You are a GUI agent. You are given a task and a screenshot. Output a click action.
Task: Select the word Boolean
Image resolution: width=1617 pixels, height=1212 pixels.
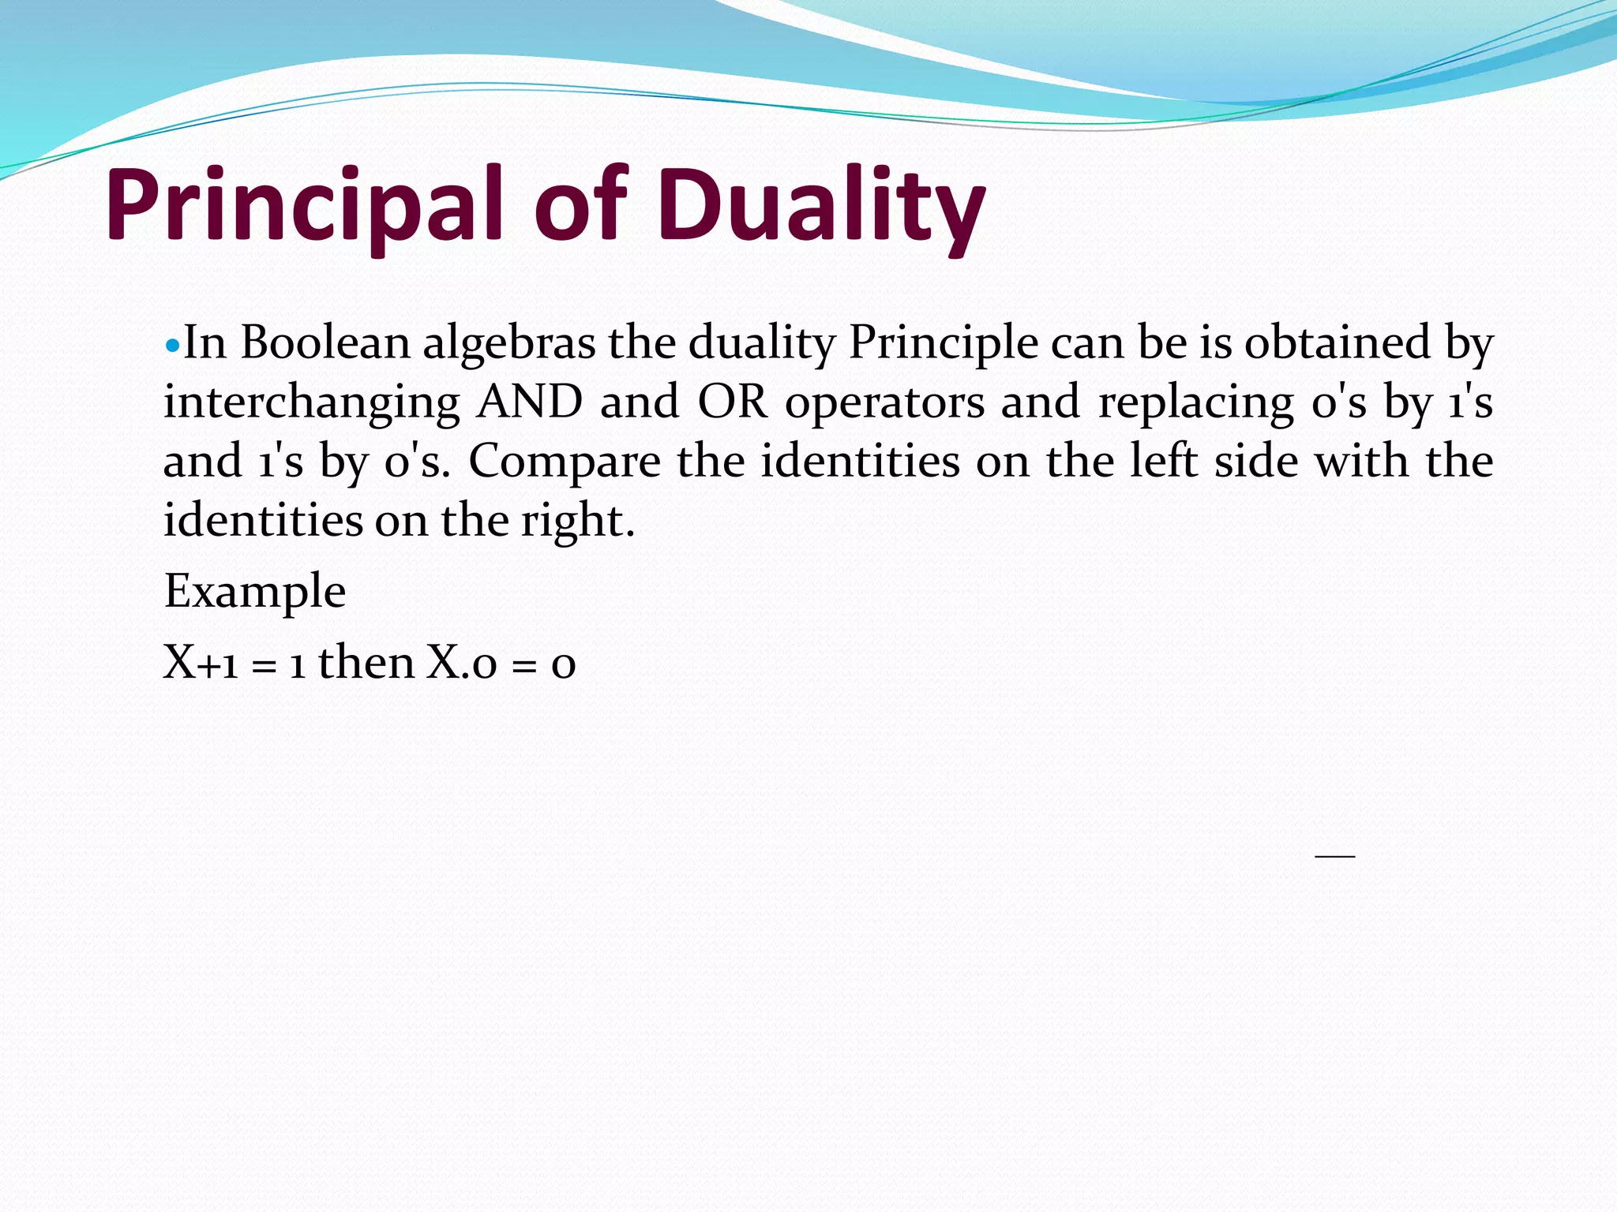[325, 343]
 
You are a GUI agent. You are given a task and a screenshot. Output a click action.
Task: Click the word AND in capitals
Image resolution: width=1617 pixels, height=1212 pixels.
[530, 402]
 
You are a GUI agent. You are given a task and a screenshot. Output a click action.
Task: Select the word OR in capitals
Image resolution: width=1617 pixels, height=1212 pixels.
[732, 402]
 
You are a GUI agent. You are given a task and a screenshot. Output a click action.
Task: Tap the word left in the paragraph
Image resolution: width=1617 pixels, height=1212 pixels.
[1163, 461]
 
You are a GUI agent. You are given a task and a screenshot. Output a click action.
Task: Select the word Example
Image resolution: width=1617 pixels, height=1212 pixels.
[254, 592]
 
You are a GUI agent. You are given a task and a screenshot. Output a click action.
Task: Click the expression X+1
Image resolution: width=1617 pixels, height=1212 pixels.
[201, 663]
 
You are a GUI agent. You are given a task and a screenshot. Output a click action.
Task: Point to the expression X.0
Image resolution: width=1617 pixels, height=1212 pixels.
[462, 663]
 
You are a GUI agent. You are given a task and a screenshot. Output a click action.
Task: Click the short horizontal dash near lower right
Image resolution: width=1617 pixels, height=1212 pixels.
[1334, 855]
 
